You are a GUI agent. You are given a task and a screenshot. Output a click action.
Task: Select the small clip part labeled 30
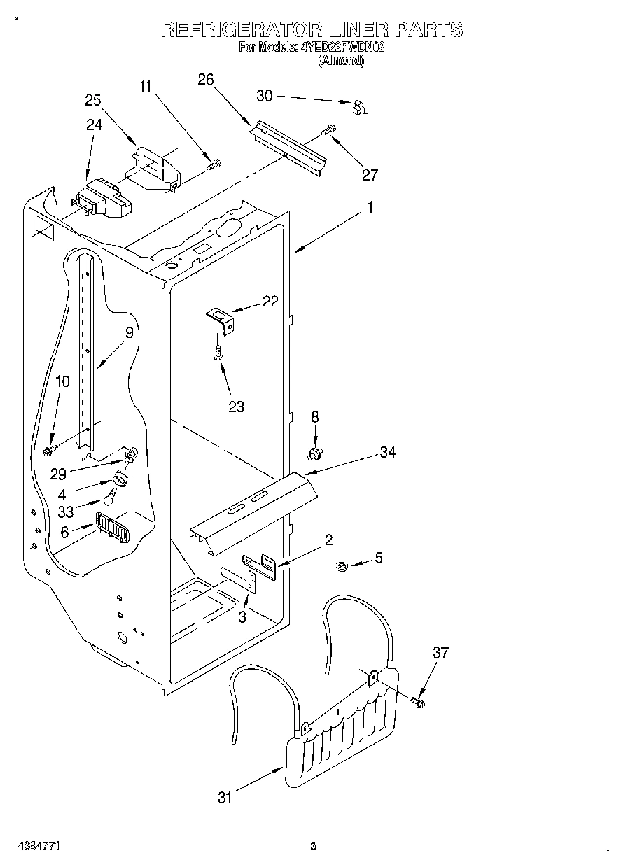(360, 106)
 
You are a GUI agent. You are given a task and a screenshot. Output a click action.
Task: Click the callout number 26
(205, 79)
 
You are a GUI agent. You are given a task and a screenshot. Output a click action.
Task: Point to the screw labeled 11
(214, 165)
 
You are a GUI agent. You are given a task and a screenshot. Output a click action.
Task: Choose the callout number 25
(93, 100)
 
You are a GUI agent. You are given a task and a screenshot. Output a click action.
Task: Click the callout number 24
(94, 125)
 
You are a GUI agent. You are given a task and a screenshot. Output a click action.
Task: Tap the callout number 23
(236, 406)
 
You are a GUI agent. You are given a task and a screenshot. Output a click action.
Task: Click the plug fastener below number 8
(314, 453)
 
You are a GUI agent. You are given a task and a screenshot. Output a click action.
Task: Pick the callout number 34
(387, 453)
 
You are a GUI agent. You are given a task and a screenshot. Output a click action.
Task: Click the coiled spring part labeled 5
(343, 566)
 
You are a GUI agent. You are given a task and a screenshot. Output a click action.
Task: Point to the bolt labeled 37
(419, 700)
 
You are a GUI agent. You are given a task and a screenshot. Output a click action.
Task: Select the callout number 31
(224, 797)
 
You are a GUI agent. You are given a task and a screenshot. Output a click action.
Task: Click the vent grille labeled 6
(112, 526)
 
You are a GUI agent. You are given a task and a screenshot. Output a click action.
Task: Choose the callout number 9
(129, 333)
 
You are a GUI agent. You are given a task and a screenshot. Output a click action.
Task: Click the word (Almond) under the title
(341, 61)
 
